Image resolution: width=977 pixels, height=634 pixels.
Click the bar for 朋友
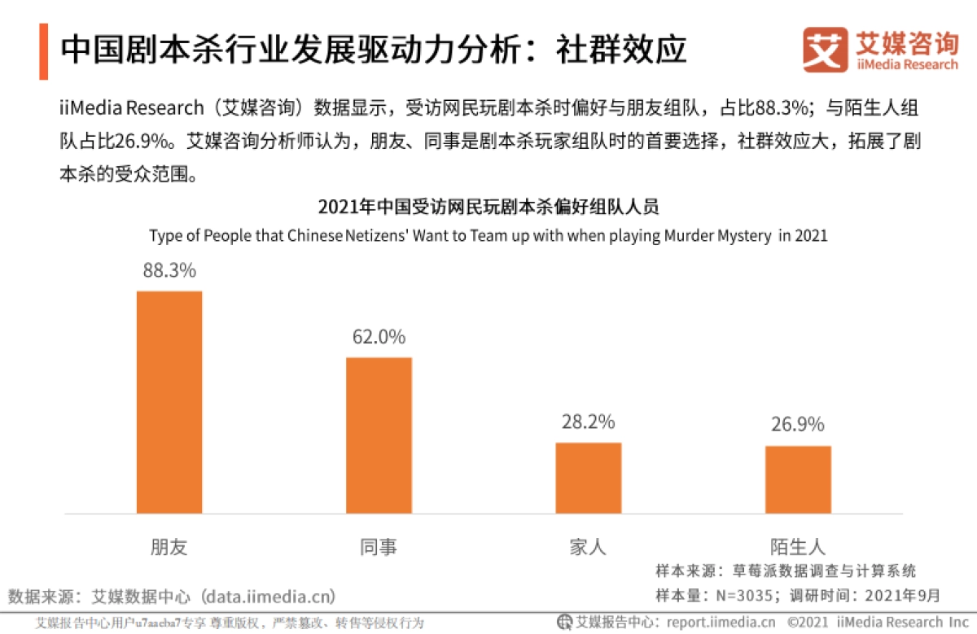(x=169, y=402)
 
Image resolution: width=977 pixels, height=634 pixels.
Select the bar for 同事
(x=379, y=435)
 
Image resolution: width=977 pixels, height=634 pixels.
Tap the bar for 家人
(x=588, y=478)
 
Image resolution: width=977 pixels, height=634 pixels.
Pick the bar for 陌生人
(x=798, y=479)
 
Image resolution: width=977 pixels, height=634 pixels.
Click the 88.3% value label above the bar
(x=169, y=271)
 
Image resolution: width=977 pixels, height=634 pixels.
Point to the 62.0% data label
(x=379, y=337)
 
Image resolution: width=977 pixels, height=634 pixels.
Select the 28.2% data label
(x=588, y=422)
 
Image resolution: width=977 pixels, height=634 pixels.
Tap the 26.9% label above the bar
(x=798, y=425)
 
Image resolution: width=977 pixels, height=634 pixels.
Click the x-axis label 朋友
(x=169, y=546)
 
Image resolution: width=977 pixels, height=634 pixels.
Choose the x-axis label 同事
(x=379, y=546)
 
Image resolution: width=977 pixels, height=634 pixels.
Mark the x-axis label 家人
(x=588, y=546)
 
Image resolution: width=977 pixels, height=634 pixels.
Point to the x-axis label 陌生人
(x=798, y=546)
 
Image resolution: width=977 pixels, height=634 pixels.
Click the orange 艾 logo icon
(x=825, y=50)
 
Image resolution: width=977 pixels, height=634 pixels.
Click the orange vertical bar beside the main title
(x=43, y=51)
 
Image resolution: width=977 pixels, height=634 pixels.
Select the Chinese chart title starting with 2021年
(x=488, y=207)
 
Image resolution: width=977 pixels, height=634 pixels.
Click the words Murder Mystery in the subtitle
(x=717, y=236)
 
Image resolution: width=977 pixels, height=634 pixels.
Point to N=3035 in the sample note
(x=740, y=595)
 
